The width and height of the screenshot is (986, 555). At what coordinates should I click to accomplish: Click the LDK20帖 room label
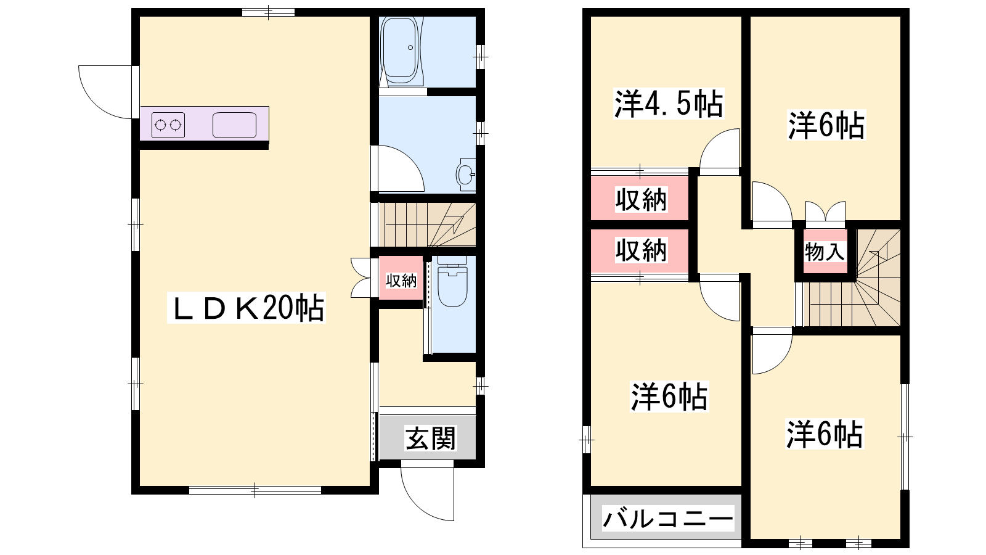pyautogui.click(x=246, y=308)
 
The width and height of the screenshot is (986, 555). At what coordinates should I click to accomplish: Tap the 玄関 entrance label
pyautogui.click(x=431, y=438)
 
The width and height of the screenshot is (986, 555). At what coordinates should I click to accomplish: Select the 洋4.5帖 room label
pyautogui.click(x=668, y=104)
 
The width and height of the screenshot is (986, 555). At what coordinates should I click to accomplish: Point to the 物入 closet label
pyautogui.click(x=825, y=252)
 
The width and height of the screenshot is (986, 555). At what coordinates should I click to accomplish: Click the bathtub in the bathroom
pyautogui.click(x=400, y=50)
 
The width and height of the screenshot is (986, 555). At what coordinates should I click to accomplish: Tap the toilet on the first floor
pyautogui.click(x=452, y=282)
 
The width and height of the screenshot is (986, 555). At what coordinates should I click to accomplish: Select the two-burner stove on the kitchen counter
pyautogui.click(x=168, y=125)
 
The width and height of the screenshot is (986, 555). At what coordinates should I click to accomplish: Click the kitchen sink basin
pyautogui.click(x=234, y=125)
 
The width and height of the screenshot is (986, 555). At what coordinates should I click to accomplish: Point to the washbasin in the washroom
pyautogui.click(x=466, y=175)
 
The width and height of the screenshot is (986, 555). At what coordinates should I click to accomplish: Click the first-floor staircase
pyautogui.click(x=427, y=224)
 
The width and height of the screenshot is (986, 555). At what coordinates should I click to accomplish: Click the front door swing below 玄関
pyautogui.click(x=427, y=493)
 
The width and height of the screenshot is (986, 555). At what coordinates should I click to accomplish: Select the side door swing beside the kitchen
pyautogui.click(x=105, y=92)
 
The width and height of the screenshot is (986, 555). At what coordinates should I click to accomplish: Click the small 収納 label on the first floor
pyautogui.click(x=401, y=281)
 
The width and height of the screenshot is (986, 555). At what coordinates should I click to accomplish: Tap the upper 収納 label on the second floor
pyautogui.click(x=640, y=200)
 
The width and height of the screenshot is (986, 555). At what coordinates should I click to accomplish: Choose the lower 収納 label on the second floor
pyautogui.click(x=640, y=250)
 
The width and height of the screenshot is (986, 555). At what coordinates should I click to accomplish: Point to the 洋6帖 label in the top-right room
pyautogui.click(x=826, y=125)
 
